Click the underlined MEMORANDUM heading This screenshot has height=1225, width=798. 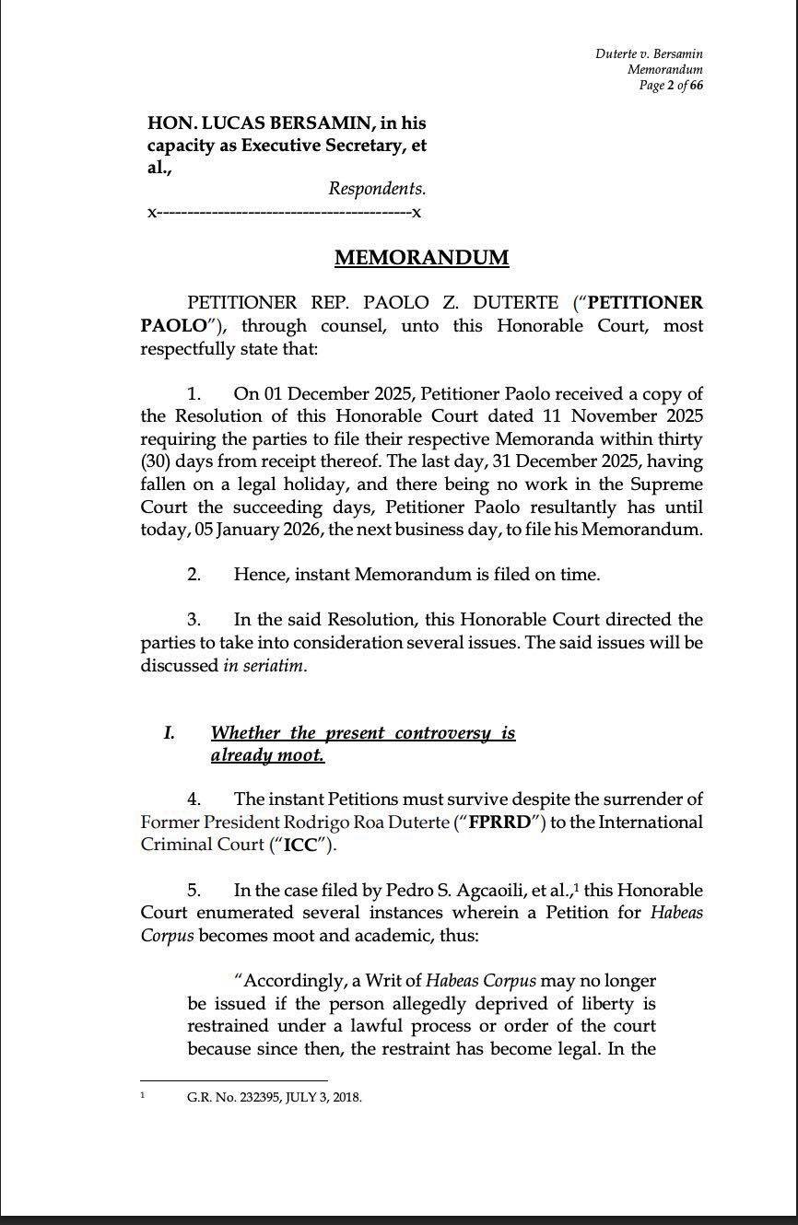[421, 257]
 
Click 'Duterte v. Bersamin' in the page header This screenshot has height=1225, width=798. [649, 54]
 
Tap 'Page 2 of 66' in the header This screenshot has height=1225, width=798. [671, 86]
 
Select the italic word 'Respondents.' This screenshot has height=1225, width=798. [377, 189]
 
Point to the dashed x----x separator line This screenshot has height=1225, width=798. [284, 213]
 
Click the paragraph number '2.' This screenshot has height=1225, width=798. [194, 575]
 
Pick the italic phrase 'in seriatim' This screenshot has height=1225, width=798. [263, 665]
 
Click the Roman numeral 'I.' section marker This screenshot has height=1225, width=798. [169, 733]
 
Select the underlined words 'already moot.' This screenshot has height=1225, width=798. [267, 755]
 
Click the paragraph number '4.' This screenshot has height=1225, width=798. [194, 799]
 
